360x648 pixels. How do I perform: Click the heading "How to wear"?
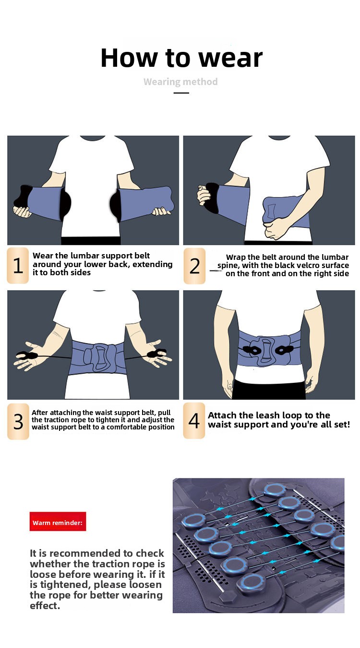click(x=181, y=58)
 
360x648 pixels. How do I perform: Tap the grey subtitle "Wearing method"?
click(x=181, y=82)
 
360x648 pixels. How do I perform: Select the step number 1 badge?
click(x=18, y=265)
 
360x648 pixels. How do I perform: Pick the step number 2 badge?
click(x=194, y=266)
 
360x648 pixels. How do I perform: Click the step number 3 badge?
click(x=18, y=421)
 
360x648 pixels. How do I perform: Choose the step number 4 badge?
click(x=194, y=421)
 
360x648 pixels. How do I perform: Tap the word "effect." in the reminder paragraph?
click(x=45, y=605)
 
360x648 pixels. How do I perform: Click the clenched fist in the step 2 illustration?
click(x=274, y=228)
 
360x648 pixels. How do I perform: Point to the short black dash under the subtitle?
click(x=181, y=93)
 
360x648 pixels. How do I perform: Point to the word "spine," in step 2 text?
click(x=228, y=266)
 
